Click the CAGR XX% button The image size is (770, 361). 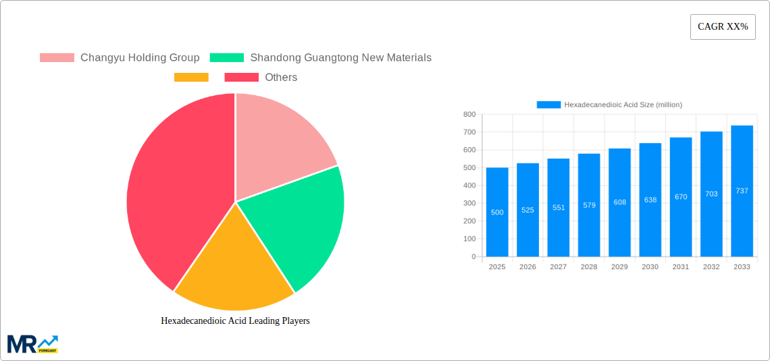723,27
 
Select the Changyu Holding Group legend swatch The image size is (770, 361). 57,58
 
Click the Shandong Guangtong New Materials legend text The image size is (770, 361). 340,58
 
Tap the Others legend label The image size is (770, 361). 281,78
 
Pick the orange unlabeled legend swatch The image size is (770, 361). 191,78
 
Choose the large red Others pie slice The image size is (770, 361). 176,196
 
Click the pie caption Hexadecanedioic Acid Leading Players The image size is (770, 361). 235,321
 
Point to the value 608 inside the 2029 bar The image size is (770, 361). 619,202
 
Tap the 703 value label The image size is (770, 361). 711,194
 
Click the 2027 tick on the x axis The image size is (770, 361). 559,267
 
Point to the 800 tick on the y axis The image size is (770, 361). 469,115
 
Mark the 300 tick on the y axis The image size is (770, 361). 469,203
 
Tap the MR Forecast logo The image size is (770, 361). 32,343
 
